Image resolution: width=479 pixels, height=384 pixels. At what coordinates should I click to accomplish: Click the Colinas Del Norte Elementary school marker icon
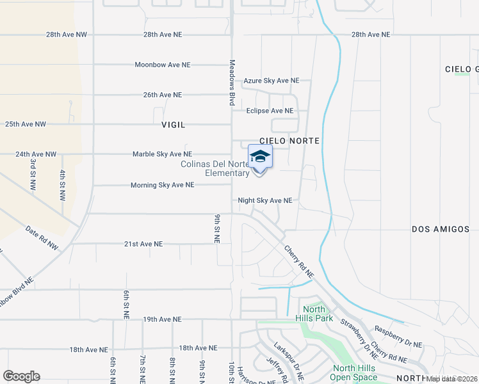[260, 157]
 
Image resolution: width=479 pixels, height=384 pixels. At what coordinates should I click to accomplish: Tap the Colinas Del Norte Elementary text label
[215, 168]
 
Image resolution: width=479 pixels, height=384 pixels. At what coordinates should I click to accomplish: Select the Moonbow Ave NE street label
[163, 65]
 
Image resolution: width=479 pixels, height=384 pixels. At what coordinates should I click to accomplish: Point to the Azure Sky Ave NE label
[272, 81]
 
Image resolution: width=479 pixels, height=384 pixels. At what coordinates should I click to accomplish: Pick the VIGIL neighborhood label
[174, 125]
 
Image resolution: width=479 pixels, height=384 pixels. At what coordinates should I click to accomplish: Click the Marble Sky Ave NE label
[162, 154]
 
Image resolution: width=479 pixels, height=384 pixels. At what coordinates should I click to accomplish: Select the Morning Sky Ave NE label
[162, 185]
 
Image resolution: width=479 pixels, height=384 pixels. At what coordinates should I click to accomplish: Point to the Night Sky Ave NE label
[265, 200]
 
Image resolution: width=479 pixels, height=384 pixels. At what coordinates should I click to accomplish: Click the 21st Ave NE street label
[143, 244]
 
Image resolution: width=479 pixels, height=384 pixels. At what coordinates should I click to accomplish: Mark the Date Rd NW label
[42, 237]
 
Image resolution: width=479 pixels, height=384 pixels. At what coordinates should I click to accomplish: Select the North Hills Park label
[314, 314]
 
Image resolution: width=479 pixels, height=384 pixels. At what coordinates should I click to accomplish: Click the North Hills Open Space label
[355, 372]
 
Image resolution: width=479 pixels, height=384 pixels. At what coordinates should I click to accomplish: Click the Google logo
[21, 376]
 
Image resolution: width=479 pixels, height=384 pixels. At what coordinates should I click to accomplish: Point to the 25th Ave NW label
[26, 124]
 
